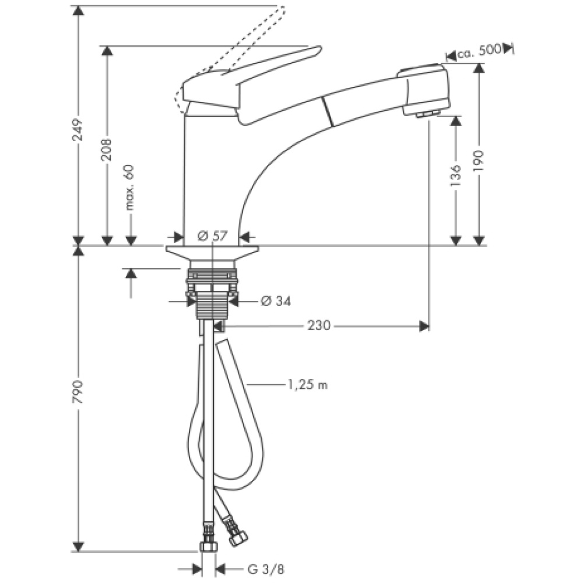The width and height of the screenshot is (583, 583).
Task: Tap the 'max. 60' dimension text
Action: pyautogui.click(x=130, y=187)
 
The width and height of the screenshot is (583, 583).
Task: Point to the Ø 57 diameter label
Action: pyautogui.click(x=211, y=236)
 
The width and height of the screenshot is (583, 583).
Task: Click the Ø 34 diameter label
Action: pyautogui.click(x=275, y=301)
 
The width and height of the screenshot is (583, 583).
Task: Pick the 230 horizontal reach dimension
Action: pyautogui.click(x=319, y=325)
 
